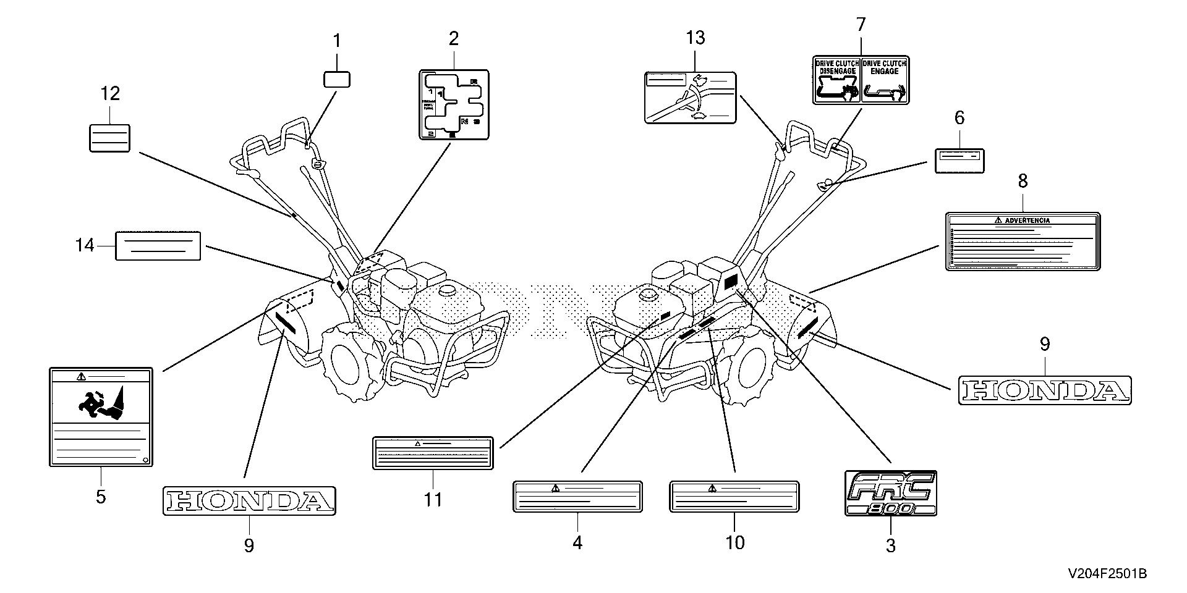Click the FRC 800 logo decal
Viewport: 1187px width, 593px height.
click(890, 493)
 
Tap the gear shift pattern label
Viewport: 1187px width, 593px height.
click(453, 104)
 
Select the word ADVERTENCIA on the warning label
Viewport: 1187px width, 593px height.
click(1027, 220)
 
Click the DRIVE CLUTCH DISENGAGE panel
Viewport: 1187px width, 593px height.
click(837, 78)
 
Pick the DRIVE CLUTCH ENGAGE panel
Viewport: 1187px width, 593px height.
click(885, 78)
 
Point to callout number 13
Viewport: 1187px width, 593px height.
click(696, 38)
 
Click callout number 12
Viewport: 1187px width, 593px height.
click(110, 94)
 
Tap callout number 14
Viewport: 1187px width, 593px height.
click(85, 245)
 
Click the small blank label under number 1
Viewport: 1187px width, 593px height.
click(337, 79)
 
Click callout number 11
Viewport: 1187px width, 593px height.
click(433, 499)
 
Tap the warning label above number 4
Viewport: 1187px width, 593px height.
click(577, 497)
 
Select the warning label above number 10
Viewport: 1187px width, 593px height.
click(734, 497)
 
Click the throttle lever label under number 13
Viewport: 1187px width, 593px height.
click(690, 98)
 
